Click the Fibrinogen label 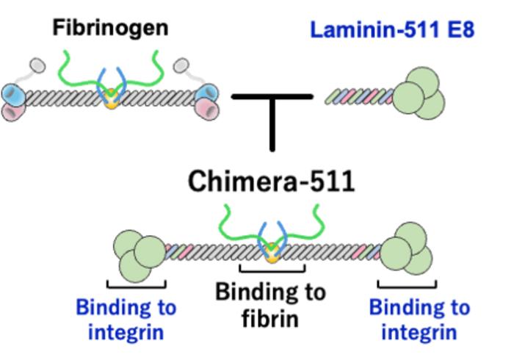pos(110,29)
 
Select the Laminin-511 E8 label pos(392,30)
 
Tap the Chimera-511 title pos(271,180)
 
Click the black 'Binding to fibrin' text pos(270,305)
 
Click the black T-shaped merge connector pos(272,110)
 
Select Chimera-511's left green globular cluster pos(139,253)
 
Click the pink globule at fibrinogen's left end pos(15,112)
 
